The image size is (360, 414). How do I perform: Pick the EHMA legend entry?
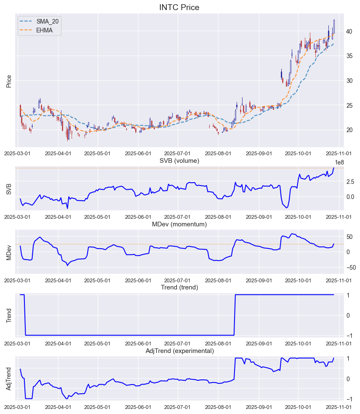click(x=44, y=30)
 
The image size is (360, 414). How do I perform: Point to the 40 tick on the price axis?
click(x=349, y=31)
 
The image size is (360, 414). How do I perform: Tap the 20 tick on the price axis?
click(x=349, y=130)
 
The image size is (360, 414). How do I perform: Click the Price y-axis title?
click(x=9, y=81)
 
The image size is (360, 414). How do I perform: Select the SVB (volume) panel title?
click(x=179, y=161)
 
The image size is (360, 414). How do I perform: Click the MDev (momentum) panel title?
click(x=179, y=224)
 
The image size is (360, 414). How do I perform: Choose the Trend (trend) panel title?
click(x=179, y=287)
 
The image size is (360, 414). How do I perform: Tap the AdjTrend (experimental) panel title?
click(x=179, y=351)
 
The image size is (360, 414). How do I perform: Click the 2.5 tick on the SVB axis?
click(x=350, y=182)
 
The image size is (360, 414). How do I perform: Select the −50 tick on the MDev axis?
click(x=350, y=268)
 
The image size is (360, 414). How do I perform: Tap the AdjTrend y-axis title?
click(x=9, y=379)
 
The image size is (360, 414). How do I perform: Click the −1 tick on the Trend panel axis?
click(x=349, y=335)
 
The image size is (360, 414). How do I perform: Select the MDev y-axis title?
click(x=9, y=252)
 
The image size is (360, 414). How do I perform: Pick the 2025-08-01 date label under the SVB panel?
click(x=218, y=217)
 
